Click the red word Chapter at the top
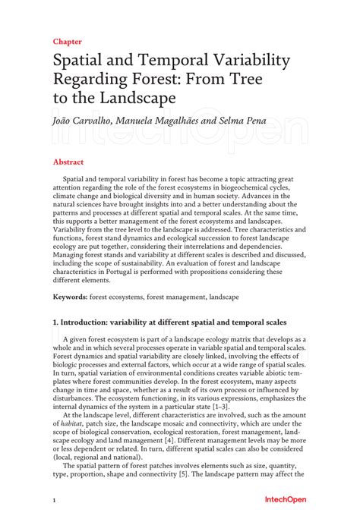point(67,42)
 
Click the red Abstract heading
point(68,162)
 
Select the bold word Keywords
point(70,297)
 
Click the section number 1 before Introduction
point(55,323)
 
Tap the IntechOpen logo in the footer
point(285,500)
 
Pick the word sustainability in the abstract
point(193,263)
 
